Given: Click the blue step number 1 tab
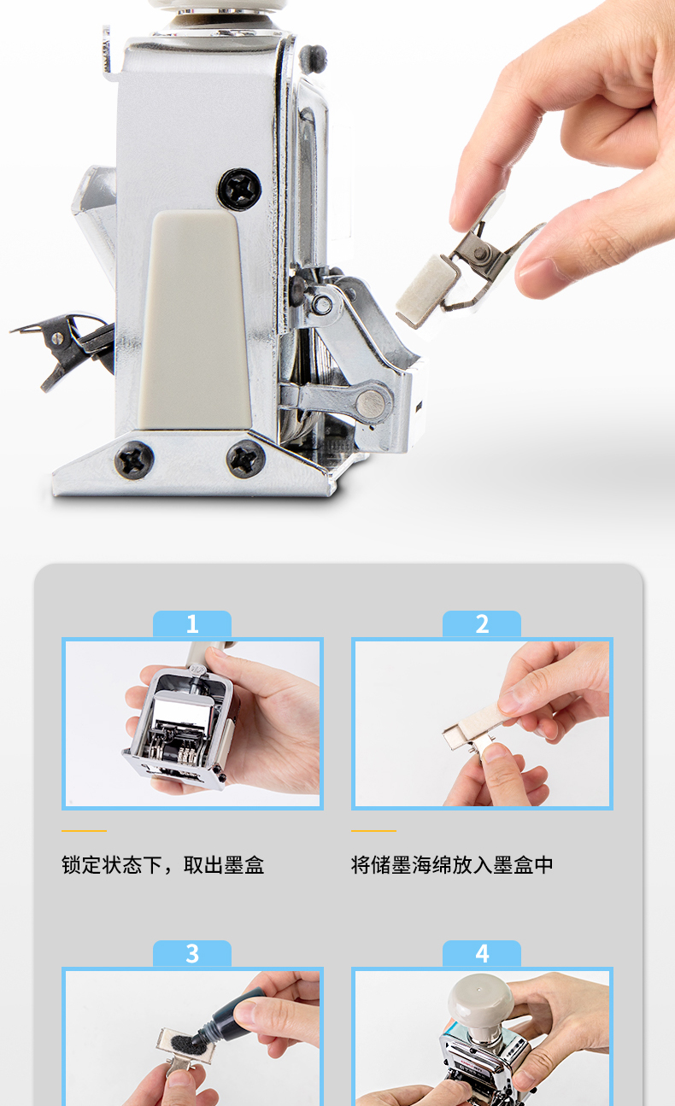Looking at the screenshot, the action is (x=192, y=623).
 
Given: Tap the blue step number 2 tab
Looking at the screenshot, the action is (x=482, y=623).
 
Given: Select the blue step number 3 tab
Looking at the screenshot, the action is (x=192, y=953).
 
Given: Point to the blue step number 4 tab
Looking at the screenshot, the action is (x=482, y=953).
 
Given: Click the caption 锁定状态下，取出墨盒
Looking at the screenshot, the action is (x=163, y=865).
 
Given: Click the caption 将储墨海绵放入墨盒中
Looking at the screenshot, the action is (x=452, y=865).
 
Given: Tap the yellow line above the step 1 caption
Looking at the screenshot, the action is (x=84, y=831).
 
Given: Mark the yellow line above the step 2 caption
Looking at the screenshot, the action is (x=373, y=831).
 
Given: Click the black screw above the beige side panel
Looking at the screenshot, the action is (x=239, y=189).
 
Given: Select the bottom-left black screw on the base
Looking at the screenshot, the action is (x=134, y=459).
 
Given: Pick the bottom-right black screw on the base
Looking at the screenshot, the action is (x=245, y=459).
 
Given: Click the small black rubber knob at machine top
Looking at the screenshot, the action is (x=313, y=58).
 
